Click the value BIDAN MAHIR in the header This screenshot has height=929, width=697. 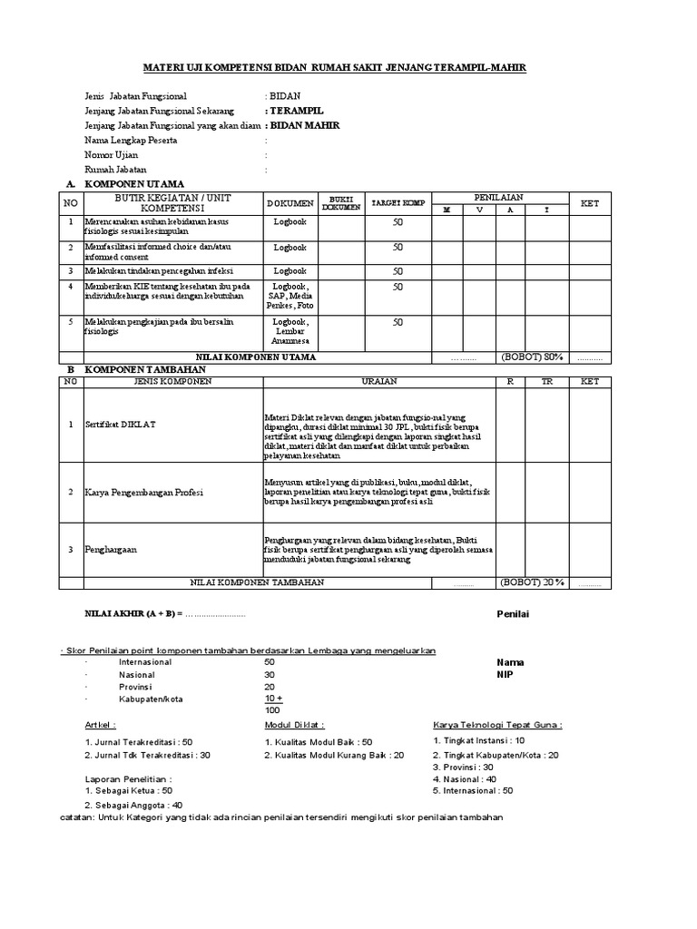tap(303, 125)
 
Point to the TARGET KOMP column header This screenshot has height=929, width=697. tap(398, 202)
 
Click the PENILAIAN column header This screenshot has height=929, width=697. tap(498, 197)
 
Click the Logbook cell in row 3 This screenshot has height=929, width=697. tap(290, 270)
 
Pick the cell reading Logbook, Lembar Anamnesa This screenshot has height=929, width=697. tap(290, 331)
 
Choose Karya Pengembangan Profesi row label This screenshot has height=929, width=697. tap(144, 492)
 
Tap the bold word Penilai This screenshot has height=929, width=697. tap(512, 614)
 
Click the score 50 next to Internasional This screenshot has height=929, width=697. tap(270, 662)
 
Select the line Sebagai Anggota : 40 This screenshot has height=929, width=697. tap(133, 804)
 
